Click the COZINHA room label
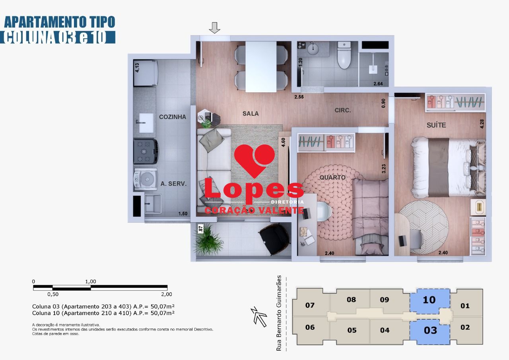(x=173, y=117)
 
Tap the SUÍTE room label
(x=436, y=125)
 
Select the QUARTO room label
(x=332, y=177)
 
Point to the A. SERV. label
(x=174, y=184)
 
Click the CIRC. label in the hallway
(x=342, y=110)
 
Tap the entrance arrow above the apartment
(x=215, y=28)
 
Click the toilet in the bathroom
(x=344, y=56)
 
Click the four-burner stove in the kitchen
(x=146, y=151)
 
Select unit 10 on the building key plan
(x=429, y=300)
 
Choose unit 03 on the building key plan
(x=430, y=330)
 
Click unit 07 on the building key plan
(x=310, y=306)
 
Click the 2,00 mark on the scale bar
(x=166, y=294)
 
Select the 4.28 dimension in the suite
(x=482, y=124)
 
